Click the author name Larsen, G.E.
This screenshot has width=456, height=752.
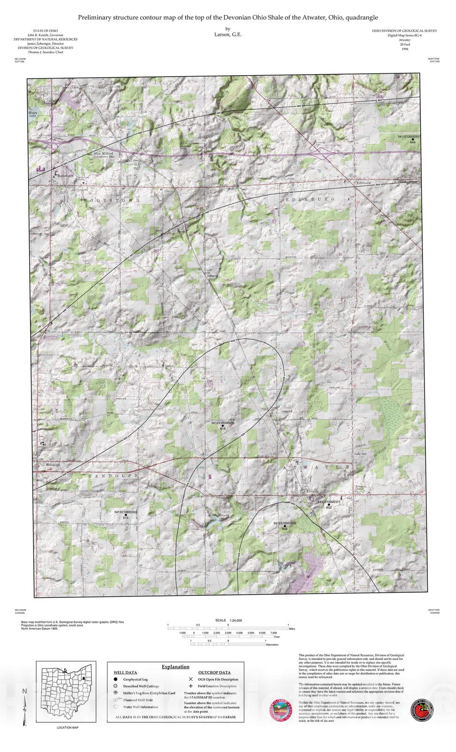click(228, 34)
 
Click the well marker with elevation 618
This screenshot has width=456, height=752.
click(223, 426)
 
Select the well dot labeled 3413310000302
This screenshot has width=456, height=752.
click(126, 515)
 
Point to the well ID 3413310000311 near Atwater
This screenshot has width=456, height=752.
click(329, 501)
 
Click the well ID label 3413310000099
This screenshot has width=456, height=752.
click(284, 523)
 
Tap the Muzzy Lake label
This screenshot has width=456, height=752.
click(32, 114)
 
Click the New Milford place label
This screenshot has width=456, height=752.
click(104, 154)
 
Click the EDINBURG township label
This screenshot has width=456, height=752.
click(310, 199)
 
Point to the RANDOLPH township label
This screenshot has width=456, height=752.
click(114, 476)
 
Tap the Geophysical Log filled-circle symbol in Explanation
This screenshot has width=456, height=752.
click(115, 679)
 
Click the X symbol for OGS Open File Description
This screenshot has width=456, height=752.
click(190, 679)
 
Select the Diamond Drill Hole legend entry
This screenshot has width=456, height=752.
click(138, 700)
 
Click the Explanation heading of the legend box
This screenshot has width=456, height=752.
click(175, 666)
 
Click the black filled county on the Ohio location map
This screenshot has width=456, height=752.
click(82, 678)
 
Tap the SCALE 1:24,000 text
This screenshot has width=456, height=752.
click(228, 620)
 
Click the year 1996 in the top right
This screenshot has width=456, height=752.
click(404, 49)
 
